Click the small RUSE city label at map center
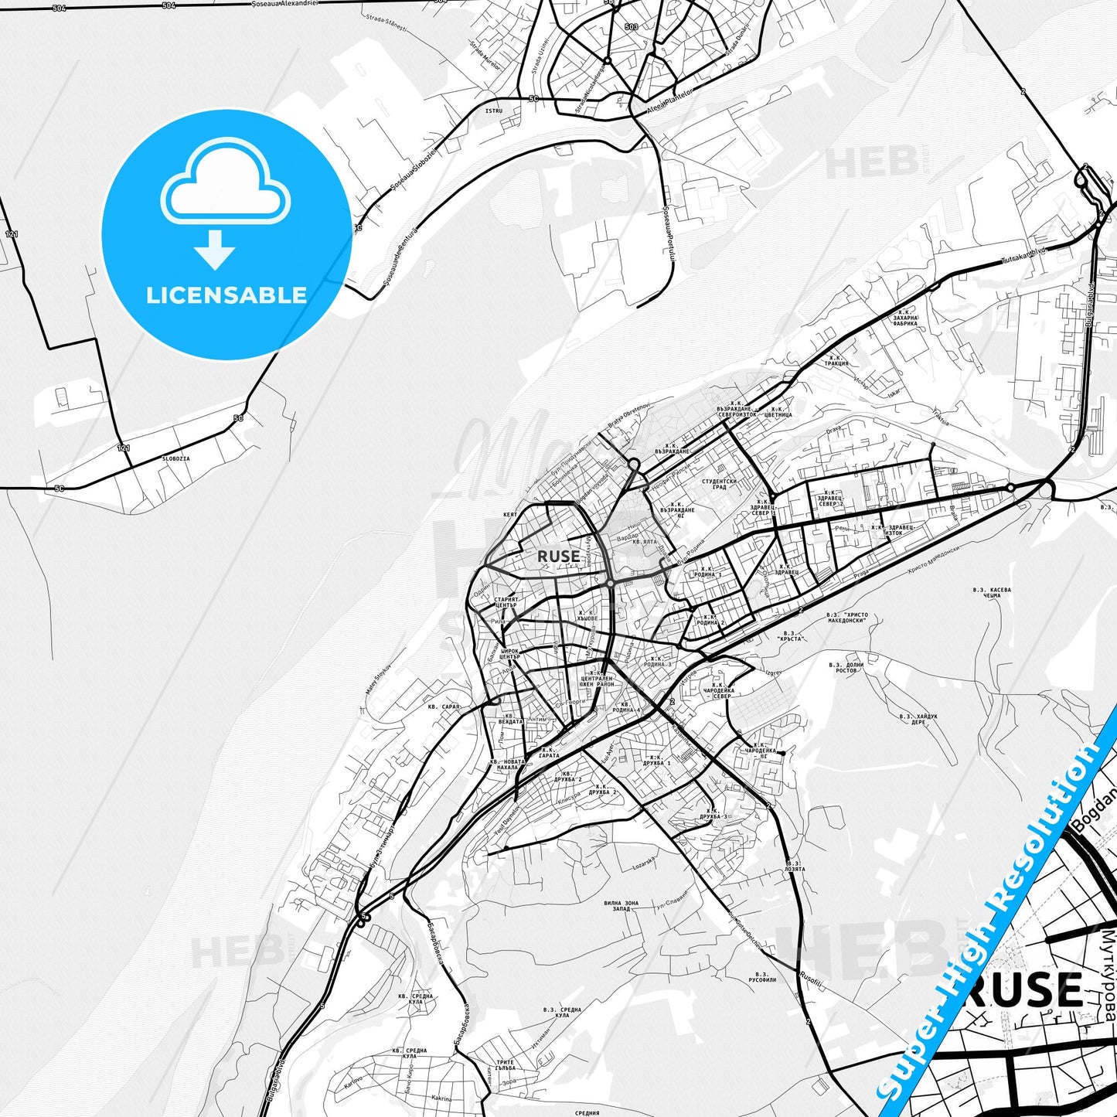(558, 556)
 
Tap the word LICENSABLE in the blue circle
(226, 295)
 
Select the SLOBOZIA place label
(175, 458)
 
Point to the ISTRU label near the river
(493, 111)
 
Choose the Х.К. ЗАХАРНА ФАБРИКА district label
(905, 320)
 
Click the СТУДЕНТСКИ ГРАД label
(719, 484)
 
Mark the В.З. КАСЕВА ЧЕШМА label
(992, 593)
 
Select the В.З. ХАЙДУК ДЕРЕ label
(918, 719)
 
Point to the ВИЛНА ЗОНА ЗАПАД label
(622, 906)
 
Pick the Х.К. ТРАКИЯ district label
(836, 360)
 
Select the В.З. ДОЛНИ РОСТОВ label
(846, 667)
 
